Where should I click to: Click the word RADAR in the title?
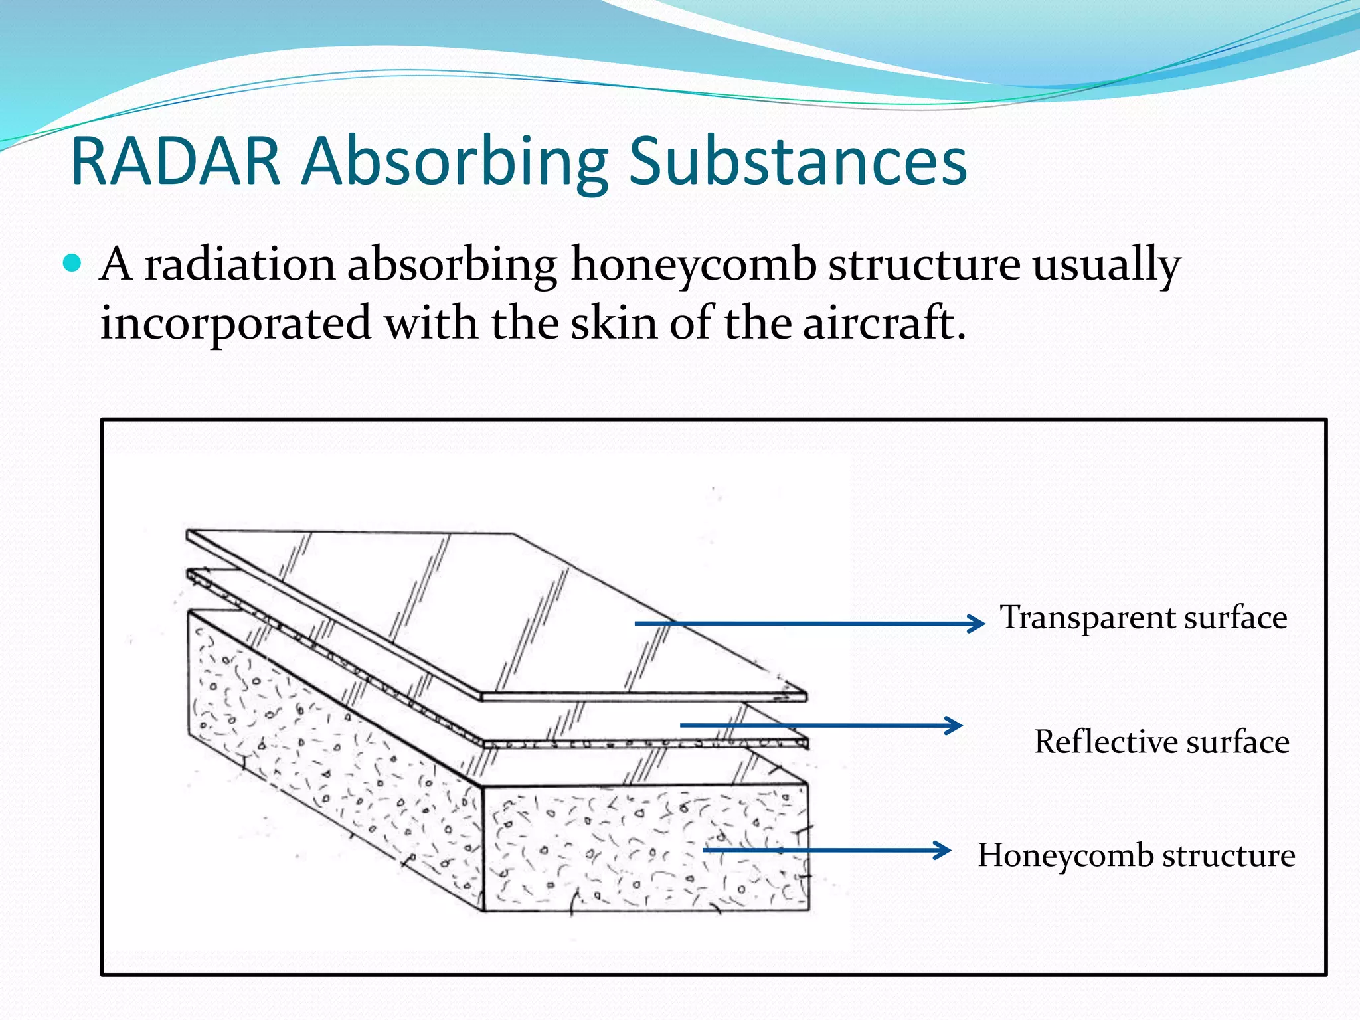click(x=175, y=161)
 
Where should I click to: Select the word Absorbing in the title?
click(x=454, y=161)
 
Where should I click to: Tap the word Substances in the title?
click(x=797, y=161)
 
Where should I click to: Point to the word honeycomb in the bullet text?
click(x=693, y=266)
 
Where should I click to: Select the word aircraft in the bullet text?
click(x=883, y=323)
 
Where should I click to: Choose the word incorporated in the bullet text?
click(x=235, y=324)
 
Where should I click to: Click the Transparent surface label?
click(x=1144, y=618)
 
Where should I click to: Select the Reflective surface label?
click(x=1161, y=742)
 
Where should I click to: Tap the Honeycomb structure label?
click(x=1136, y=855)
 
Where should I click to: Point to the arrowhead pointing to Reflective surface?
click(x=955, y=725)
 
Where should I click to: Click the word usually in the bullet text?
click(x=1106, y=266)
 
